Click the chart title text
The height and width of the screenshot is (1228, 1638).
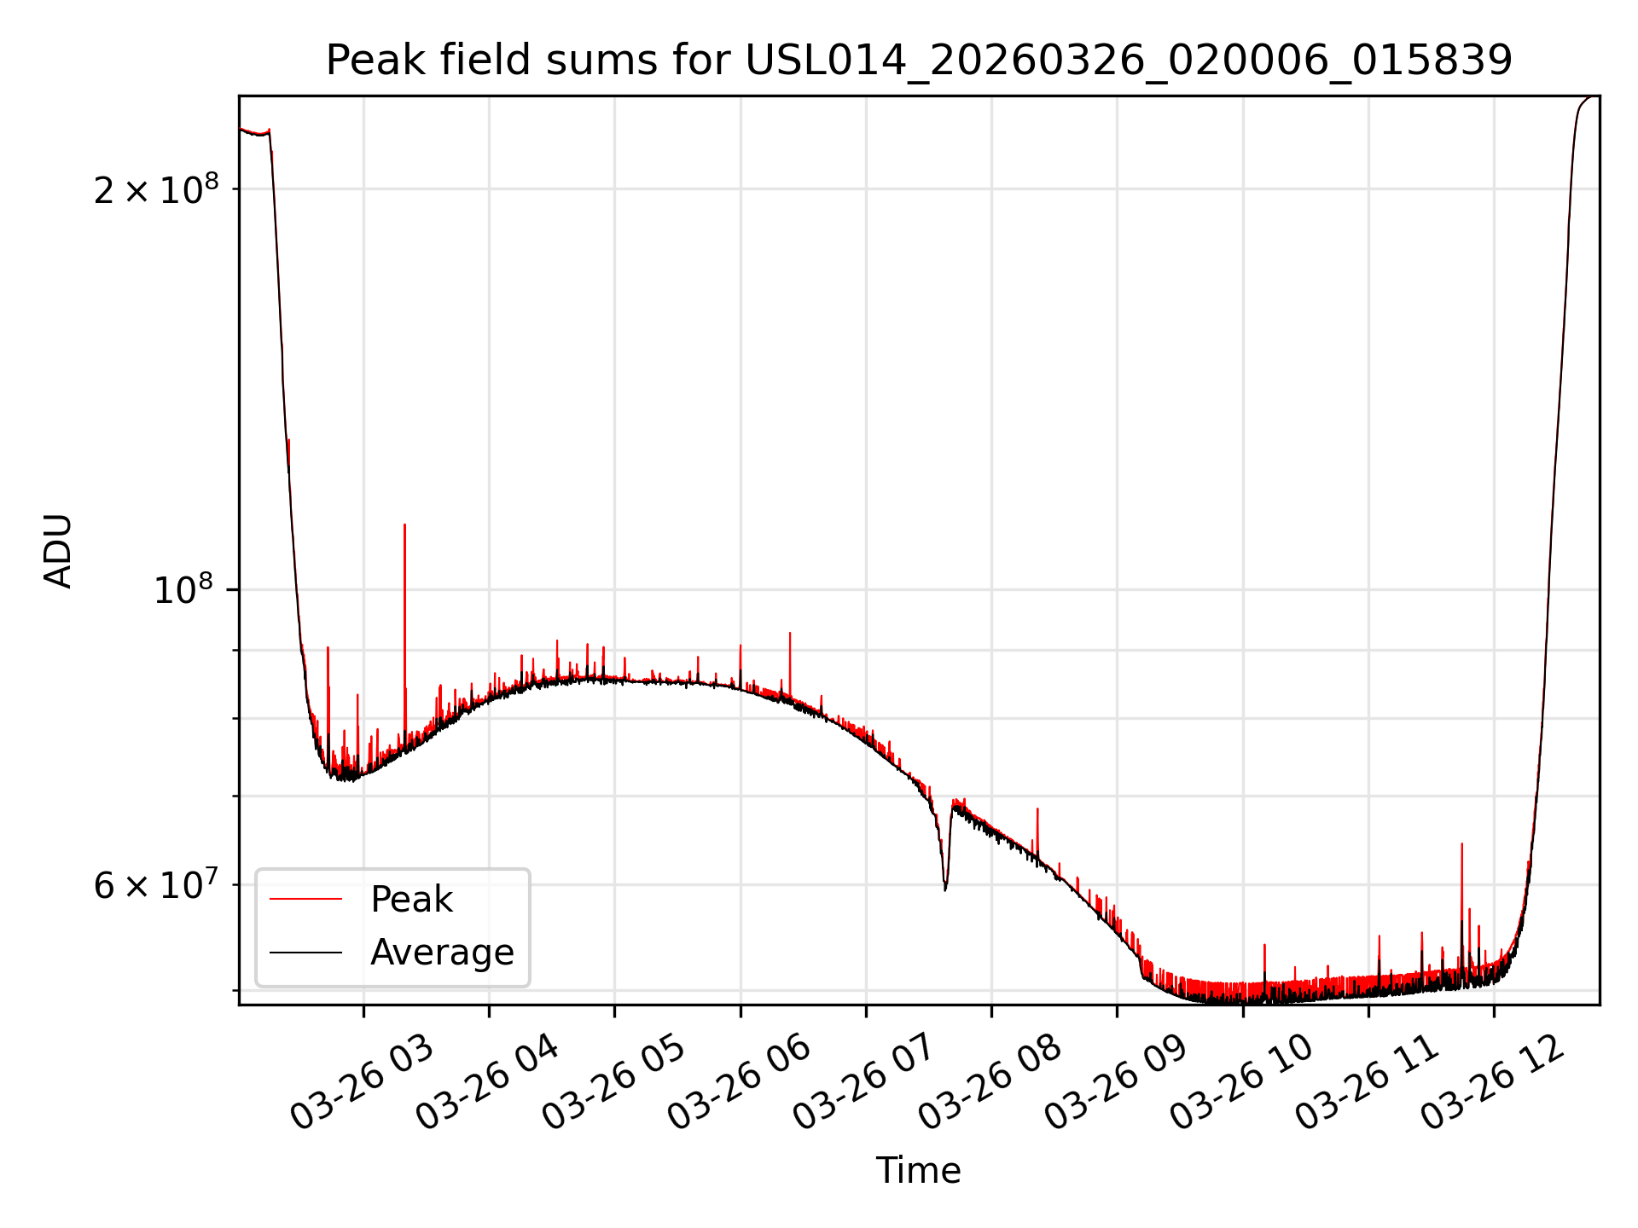click(919, 61)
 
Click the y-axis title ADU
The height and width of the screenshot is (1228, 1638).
click(58, 551)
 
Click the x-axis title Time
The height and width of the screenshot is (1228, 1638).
click(918, 1171)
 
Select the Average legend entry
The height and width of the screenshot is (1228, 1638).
click(441, 953)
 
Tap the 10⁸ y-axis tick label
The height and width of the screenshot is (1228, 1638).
click(183, 589)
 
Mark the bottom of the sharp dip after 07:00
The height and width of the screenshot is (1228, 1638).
click(945, 889)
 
